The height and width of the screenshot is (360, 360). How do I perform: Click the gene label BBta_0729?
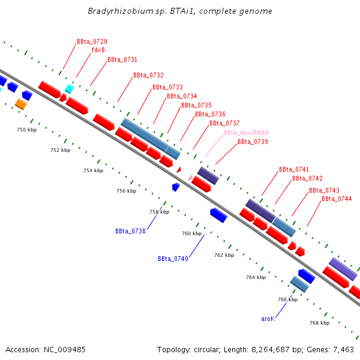[x=92, y=42]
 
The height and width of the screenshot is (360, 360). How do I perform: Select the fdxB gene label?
[x=98, y=50]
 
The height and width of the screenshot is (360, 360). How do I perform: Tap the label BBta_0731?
[x=122, y=60]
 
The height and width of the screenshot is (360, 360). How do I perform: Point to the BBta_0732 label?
[x=148, y=76]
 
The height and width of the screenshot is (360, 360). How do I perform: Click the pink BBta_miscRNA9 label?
[x=246, y=133]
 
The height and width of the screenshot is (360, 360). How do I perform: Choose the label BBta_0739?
[x=253, y=142]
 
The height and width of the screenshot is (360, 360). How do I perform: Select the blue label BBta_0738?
[x=130, y=231]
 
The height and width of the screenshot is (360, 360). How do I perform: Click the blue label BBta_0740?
[x=173, y=259]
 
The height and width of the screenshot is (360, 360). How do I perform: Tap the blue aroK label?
[x=268, y=319]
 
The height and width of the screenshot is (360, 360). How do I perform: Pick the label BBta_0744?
[x=337, y=199]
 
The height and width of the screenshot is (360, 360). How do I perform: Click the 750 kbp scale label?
[x=26, y=130]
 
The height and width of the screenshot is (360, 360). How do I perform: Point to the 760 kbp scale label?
[x=191, y=233]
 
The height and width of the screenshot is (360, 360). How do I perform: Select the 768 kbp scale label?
[x=319, y=323]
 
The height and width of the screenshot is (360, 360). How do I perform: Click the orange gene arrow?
[x=20, y=104]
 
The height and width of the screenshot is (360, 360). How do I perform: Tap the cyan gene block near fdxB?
[x=69, y=89]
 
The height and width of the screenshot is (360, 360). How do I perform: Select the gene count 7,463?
[x=342, y=349]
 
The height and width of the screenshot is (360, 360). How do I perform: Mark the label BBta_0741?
[x=294, y=170]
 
